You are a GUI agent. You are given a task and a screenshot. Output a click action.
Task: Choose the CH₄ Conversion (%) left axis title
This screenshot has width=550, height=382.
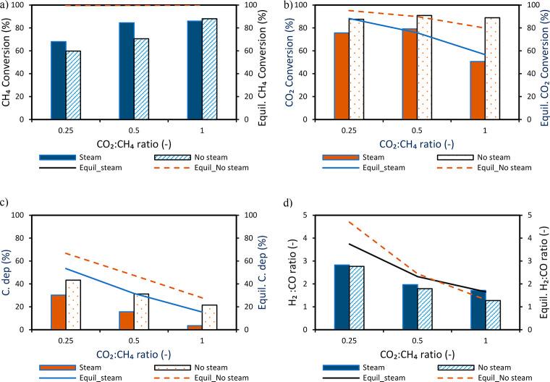pyautogui.click(x=7, y=61)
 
